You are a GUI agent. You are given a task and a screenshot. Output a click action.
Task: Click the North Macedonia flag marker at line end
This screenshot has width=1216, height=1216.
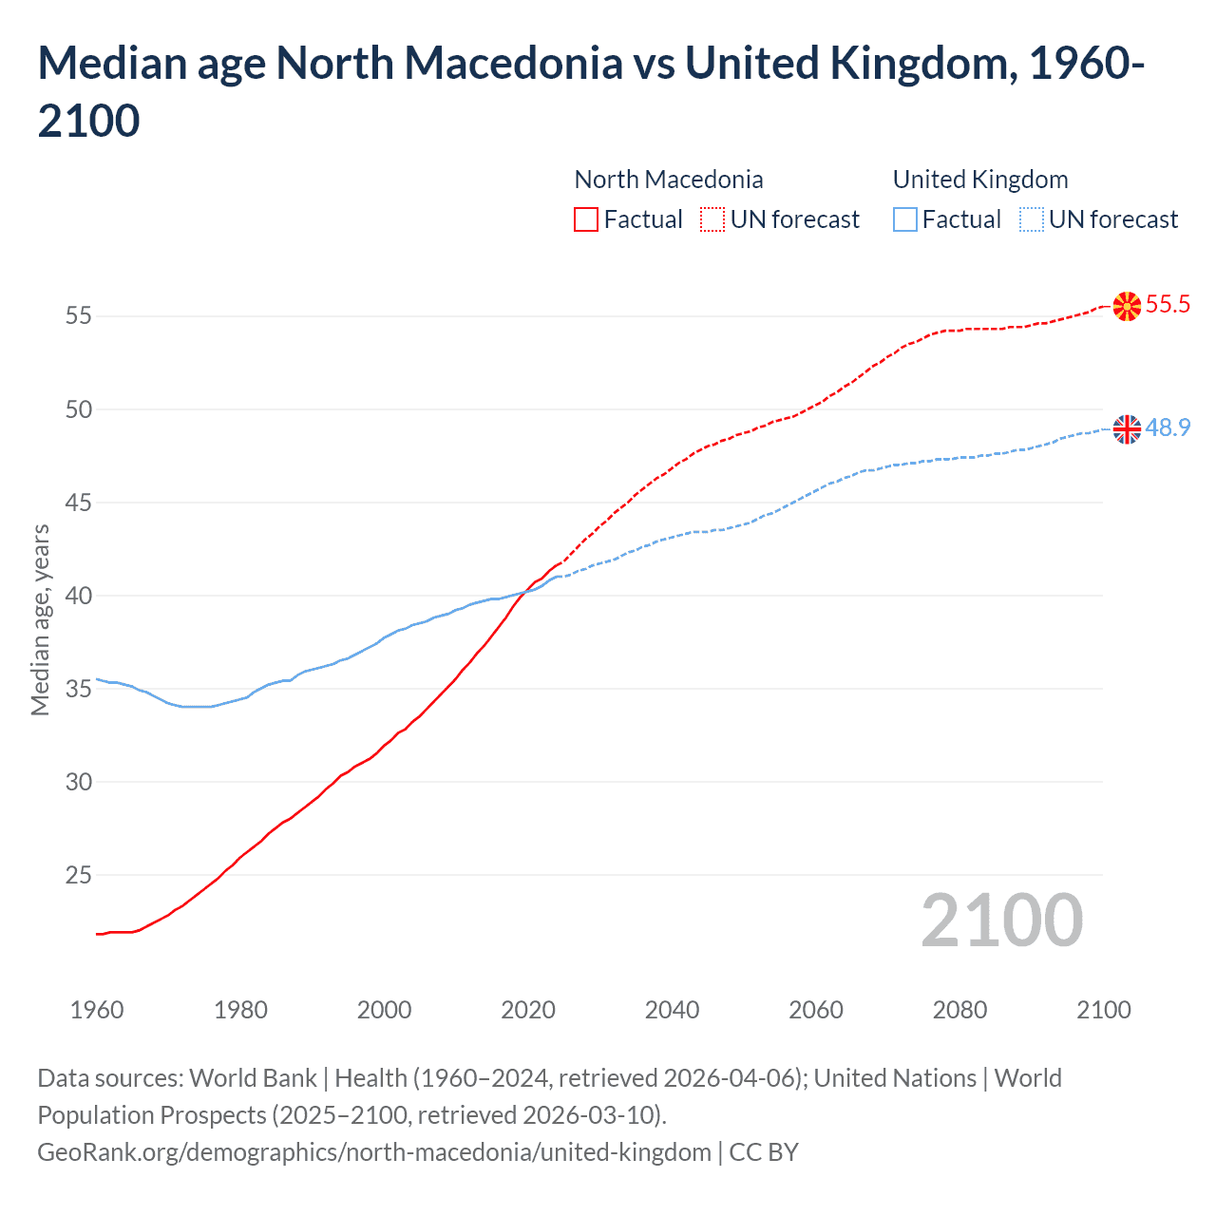click(1127, 306)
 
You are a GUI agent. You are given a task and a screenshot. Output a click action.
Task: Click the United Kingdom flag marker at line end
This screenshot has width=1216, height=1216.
click(1127, 429)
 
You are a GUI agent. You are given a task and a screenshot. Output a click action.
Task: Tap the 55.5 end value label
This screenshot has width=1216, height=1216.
click(1168, 304)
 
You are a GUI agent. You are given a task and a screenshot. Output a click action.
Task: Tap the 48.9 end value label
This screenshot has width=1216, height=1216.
click(1168, 427)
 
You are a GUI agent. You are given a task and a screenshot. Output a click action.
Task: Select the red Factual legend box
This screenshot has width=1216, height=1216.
click(586, 219)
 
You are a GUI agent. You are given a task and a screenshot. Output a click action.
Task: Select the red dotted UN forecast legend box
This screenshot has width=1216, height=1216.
click(712, 219)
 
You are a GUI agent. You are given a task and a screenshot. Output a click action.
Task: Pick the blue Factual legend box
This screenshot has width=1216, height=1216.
click(905, 219)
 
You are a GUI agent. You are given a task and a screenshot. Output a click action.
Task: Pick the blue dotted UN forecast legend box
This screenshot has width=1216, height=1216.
click(1031, 219)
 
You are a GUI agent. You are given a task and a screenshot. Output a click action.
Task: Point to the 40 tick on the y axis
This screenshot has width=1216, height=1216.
click(78, 596)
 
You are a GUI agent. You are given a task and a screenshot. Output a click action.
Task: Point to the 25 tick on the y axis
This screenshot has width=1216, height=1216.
click(78, 875)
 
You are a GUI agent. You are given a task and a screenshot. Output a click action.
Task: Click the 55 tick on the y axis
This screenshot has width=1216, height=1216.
click(78, 315)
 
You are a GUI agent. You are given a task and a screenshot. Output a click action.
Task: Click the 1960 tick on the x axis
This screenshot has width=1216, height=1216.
click(97, 1010)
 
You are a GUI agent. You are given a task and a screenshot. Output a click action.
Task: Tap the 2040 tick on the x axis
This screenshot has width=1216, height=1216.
click(672, 1010)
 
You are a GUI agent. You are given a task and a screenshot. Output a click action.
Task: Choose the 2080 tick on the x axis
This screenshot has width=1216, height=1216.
click(959, 1010)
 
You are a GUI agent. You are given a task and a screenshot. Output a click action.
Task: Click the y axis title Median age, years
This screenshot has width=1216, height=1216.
click(40, 619)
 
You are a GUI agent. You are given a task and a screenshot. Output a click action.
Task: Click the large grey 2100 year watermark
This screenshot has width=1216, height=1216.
click(1001, 920)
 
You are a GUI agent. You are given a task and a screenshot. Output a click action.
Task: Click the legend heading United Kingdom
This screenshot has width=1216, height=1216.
click(980, 180)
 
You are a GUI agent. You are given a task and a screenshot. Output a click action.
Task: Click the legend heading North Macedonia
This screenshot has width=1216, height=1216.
click(669, 180)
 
